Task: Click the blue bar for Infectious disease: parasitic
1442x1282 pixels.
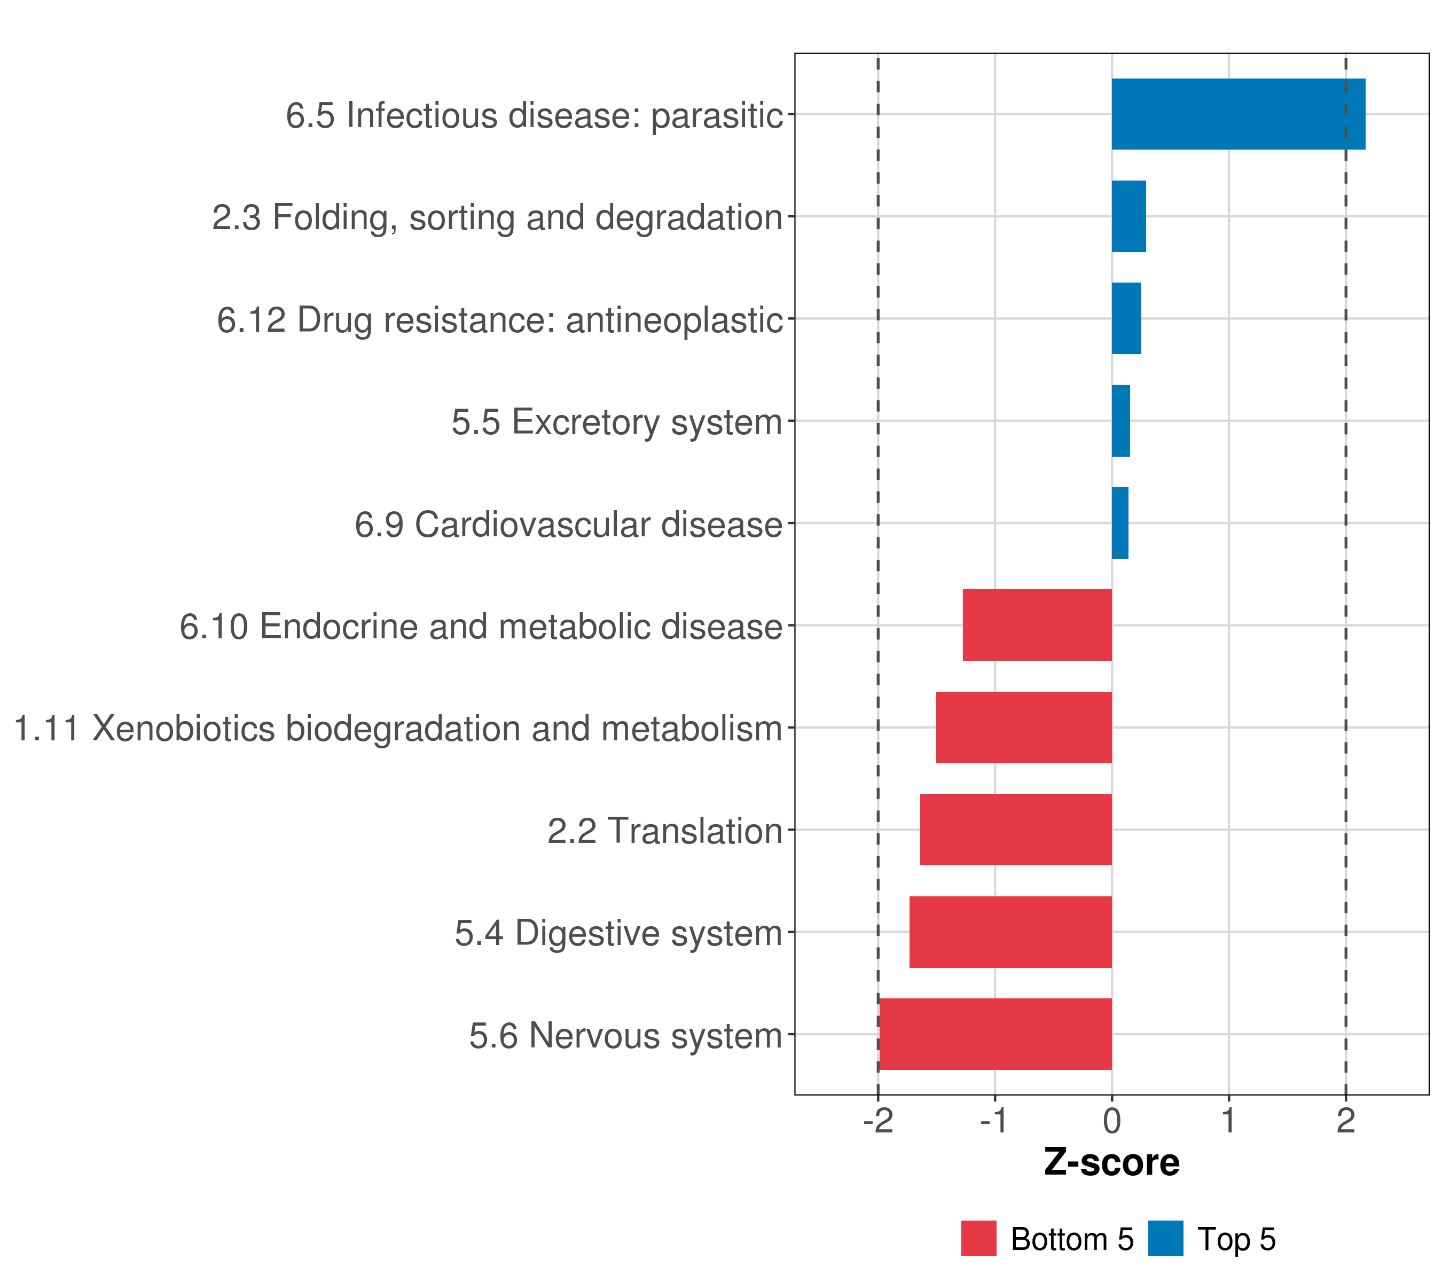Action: point(1238,114)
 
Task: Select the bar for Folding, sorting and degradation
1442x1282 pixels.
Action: point(1129,217)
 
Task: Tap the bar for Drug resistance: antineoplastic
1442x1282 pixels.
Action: point(1126,319)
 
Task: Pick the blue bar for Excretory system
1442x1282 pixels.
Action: point(1121,421)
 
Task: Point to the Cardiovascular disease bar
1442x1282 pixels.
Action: point(1119,523)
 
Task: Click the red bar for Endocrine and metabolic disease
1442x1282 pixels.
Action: point(1037,625)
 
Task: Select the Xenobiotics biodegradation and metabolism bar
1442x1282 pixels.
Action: point(1024,728)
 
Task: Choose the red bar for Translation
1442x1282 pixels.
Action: point(1016,830)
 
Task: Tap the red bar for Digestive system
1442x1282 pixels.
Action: point(1010,932)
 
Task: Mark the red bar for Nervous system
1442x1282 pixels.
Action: point(996,1034)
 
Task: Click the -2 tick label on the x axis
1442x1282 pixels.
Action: point(877,1121)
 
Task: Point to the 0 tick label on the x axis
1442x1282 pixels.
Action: point(1112,1121)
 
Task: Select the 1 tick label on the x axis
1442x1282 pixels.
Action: point(1228,1121)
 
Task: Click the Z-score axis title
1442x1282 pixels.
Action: point(1112,1163)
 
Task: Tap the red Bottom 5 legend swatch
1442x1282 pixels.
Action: point(978,1239)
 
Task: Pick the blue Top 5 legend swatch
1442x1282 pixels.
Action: point(1165,1239)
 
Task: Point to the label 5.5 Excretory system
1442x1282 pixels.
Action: point(617,423)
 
